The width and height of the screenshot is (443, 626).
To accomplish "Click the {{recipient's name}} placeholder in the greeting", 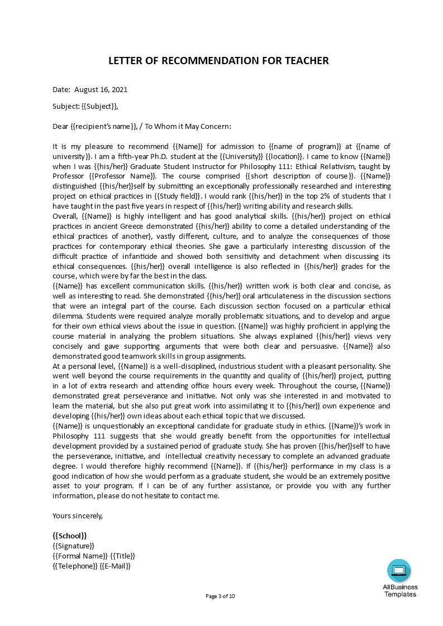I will pyautogui.click(x=104, y=126).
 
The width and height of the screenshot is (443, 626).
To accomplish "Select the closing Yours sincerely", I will pyautogui.click(x=78, y=516).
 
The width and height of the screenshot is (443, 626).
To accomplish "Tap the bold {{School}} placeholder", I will pyautogui.click(x=70, y=536).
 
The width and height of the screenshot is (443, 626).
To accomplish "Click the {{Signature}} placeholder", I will pyautogui.click(x=73, y=546).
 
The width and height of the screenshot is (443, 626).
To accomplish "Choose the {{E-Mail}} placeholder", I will pyautogui.click(x=115, y=566).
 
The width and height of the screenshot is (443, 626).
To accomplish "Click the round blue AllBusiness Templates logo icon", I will pyautogui.click(x=399, y=570).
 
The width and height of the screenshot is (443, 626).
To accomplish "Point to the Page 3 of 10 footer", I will pyautogui.click(x=221, y=596).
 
